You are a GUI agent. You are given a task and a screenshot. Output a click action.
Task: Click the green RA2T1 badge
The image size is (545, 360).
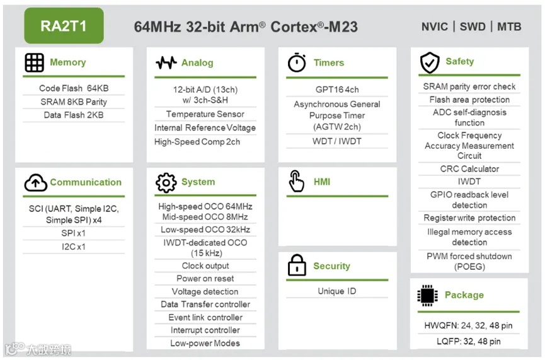coord(63,26)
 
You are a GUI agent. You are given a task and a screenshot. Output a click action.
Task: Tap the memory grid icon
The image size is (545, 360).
coord(34,62)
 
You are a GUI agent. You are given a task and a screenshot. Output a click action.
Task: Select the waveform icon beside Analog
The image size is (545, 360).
coord(166,63)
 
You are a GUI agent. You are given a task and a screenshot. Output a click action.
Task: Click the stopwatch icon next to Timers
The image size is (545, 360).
coord(297,63)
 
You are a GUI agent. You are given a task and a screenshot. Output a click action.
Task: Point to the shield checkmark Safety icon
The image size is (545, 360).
coord(429,62)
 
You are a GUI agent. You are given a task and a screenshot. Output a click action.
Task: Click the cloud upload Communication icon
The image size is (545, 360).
coord(35,183)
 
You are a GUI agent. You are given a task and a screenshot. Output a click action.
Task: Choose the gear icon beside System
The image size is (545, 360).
coord(166,183)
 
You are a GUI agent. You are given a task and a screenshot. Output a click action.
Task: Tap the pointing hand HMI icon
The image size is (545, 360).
coord(296,182)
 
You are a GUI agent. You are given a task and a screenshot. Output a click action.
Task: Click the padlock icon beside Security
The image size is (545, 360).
coord(297,266)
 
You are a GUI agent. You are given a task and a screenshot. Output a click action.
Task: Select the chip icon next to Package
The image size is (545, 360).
coord(428,295)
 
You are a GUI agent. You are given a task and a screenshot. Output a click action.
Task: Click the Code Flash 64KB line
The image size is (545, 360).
coord(74,89)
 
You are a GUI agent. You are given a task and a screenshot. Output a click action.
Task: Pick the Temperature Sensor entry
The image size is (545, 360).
coord(205,114)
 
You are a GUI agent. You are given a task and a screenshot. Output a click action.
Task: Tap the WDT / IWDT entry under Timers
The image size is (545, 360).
coord(337,141)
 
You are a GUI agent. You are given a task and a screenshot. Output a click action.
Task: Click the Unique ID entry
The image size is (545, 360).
coord(336,291)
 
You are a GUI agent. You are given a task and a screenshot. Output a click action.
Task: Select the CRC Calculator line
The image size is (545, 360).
coord(469,169)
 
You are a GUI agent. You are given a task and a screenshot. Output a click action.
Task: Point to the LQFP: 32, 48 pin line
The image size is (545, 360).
coord(469,341)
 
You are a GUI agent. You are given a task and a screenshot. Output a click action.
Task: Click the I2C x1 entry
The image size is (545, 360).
coord(74,247)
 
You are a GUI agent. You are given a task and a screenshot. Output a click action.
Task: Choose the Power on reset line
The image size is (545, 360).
coord(205,279)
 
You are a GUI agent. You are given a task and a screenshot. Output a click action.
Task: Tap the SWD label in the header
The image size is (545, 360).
coord(473,26)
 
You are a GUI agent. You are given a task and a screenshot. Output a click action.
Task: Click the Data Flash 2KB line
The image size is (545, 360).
coord(74,115)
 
